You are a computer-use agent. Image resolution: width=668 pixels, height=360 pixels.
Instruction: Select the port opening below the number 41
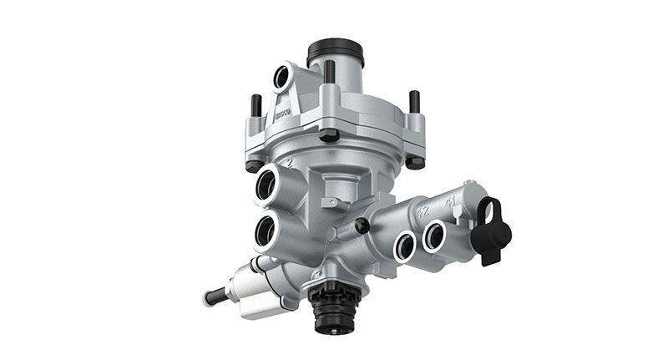coord(435,236)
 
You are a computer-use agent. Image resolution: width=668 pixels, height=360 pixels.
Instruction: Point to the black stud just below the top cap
coord(330,72)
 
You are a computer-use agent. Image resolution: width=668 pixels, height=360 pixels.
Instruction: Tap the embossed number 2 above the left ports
coord(286,160)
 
